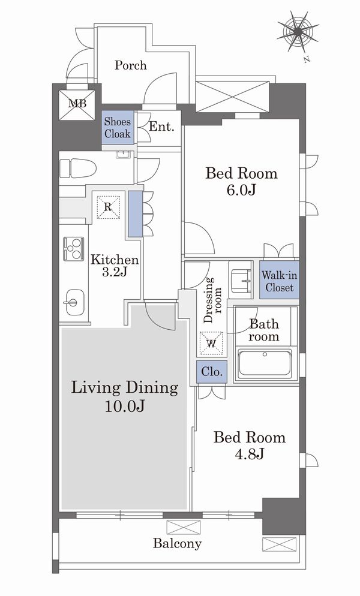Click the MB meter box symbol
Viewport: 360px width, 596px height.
pyautogui.click(x=77, y=104)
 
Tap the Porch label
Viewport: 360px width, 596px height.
pyautogui.click(x=131, y=65)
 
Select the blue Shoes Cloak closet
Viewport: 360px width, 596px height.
pyautogui.click(x=118, y=128)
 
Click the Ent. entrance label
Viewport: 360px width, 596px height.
pyautogui.click(x=161, y=127)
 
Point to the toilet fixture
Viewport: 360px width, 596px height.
pyautogui.click(x=77, y=168)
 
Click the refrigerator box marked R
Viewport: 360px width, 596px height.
pyautogui.click(x=108, y=207)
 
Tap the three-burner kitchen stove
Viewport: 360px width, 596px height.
pyautogui.click(x=73, y=249)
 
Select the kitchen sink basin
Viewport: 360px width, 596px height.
pyautogui.click(x=75, y=302)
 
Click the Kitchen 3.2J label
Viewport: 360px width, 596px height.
pyautogui.click(x=115, y=266)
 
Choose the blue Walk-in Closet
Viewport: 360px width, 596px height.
pyautogui.click(x=280, y=281)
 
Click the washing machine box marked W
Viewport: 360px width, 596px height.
pyautogui.click(x=211, y=344)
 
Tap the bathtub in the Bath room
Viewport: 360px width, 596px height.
pyautogui.click(x=265, y=364)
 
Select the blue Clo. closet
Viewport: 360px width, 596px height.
pyautogui.click(x=212, y=371)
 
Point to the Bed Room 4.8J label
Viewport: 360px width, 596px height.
pyautogui.click(x=249, y=445)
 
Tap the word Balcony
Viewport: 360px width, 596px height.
pyautogui.click(x=177, y=544)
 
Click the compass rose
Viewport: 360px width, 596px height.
pyautogui.click(x=297, y=31)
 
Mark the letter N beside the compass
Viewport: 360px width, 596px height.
pyautogui.click(x=307, y=59)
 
